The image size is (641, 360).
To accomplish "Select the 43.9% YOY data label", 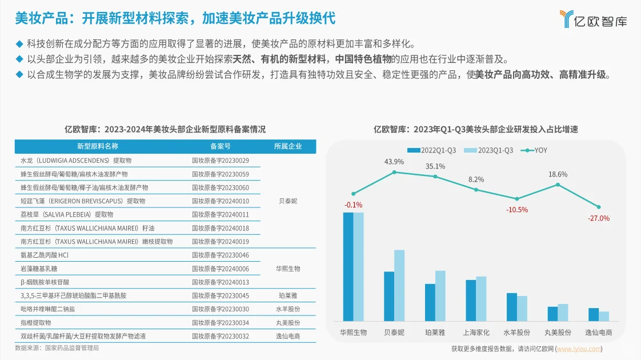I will coord(394,162).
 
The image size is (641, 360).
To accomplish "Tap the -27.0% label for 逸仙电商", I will coord(598,218).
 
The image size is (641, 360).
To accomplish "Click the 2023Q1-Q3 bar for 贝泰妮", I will coord(399,285).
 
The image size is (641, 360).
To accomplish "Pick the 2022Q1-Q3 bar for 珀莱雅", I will coord(430,302).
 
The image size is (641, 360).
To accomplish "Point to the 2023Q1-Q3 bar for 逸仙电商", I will coord(604,316).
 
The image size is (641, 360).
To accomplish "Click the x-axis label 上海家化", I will coord(476,332).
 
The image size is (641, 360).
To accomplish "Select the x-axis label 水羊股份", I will coord(516,332).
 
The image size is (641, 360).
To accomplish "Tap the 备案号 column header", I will coord(221,146).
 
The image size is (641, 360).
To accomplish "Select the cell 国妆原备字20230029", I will coord(221,161).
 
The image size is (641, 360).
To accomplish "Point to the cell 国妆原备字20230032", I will coord(221,336).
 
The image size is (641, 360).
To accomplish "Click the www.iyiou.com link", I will coord(579,349).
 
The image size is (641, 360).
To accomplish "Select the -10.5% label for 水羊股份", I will coord(516,210).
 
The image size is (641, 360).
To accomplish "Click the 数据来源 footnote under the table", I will coord(57,347).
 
